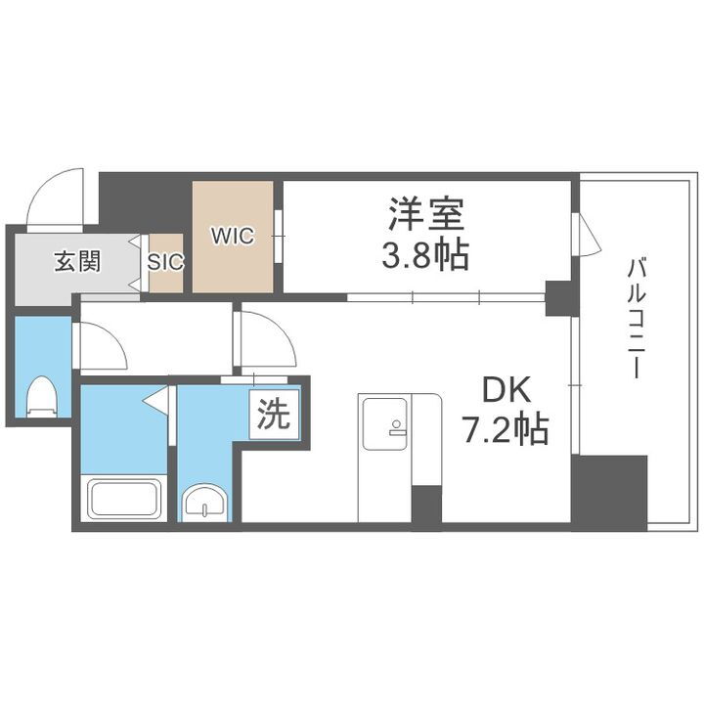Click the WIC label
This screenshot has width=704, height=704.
232,236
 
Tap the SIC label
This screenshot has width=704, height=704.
164,261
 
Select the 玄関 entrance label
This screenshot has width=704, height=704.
76,261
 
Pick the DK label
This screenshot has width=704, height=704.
505,391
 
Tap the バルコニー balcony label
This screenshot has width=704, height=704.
634,318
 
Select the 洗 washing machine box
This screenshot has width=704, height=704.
273,417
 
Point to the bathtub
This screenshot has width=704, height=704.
125,498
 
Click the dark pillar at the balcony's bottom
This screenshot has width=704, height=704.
609,492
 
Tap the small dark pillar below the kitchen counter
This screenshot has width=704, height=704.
426,506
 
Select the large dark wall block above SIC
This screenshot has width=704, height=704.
146,202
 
